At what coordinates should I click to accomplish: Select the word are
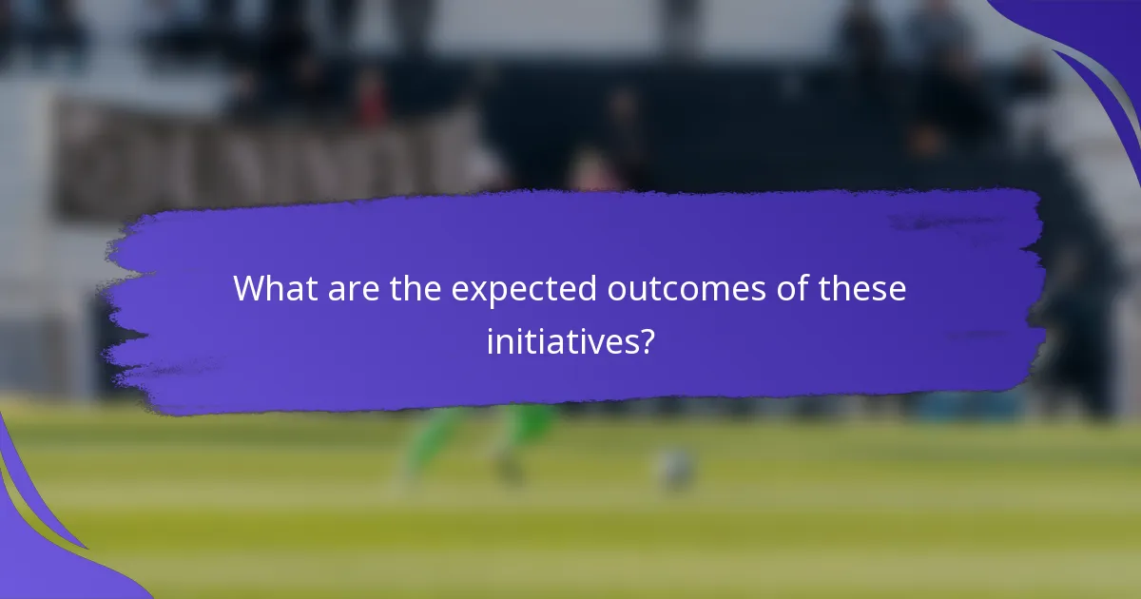[354, 288]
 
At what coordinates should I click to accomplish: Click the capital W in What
[249, 288]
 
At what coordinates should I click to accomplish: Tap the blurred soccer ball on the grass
[674, 467]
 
